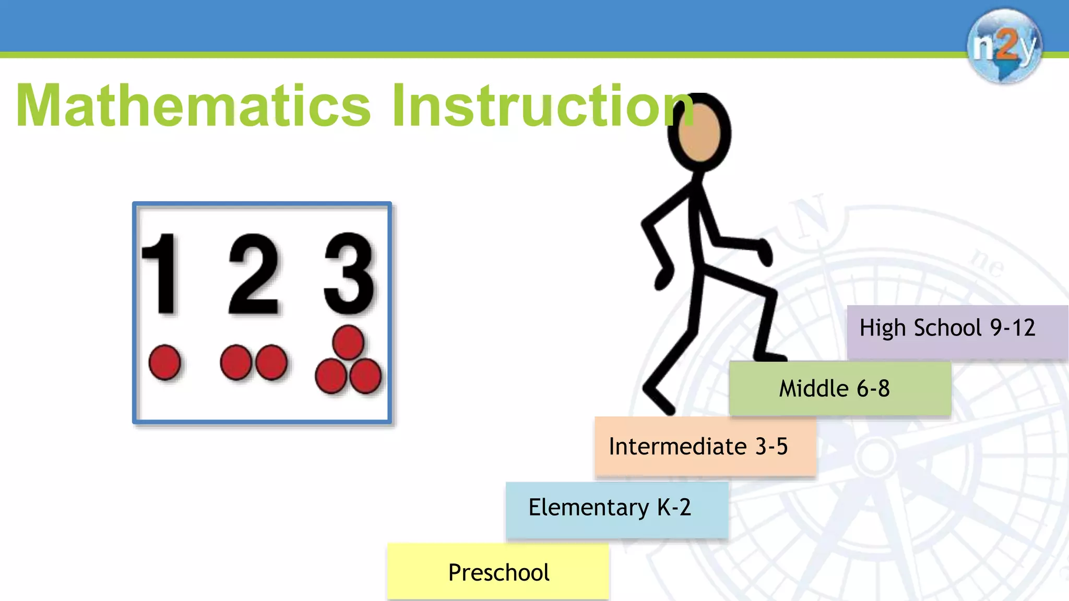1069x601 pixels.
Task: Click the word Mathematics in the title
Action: [193, 106]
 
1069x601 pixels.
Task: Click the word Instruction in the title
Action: [543, 106]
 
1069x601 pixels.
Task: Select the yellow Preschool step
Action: [498, 572]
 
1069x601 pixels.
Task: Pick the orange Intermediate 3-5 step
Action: [705, 447]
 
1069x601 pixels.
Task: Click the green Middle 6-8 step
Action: [839, 389]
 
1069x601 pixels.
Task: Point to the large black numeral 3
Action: [349, 274]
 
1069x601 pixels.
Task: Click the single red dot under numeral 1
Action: [165, 362]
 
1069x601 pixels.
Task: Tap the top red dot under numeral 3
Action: [348, 342]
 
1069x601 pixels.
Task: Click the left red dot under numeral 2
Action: [236, 362]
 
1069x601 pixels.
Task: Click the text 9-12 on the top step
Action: [1013, 328]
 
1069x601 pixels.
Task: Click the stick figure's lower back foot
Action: [659, 401]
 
